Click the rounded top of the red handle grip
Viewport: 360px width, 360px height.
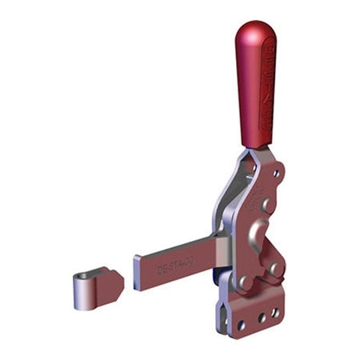254,32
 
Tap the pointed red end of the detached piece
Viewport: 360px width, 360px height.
118,279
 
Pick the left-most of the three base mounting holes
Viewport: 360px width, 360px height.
240,323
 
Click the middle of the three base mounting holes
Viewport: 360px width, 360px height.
260,318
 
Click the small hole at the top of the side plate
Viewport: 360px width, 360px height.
277,172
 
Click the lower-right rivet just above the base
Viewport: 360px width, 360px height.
277,270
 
